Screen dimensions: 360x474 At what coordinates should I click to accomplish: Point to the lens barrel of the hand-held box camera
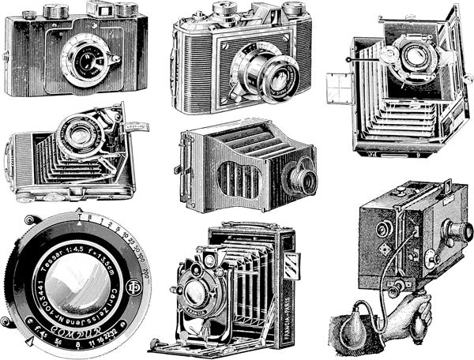point(457,231)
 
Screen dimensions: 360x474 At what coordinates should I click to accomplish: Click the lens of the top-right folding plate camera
point(411,57)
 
